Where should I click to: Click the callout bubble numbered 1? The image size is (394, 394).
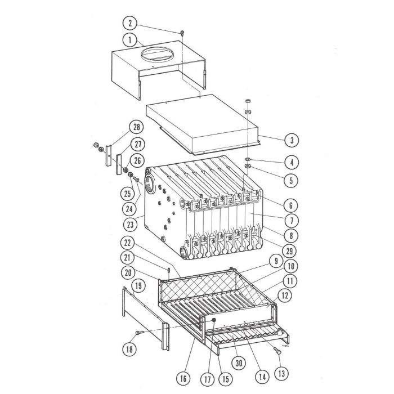coord(130,40)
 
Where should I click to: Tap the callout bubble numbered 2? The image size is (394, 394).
coord(130,23)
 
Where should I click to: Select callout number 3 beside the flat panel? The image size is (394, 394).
coord(292,140)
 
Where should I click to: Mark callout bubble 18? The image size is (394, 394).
coord(130,349)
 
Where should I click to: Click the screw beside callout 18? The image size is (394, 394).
coord(141,333)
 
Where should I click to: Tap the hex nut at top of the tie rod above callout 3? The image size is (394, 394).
coord(248,101)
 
